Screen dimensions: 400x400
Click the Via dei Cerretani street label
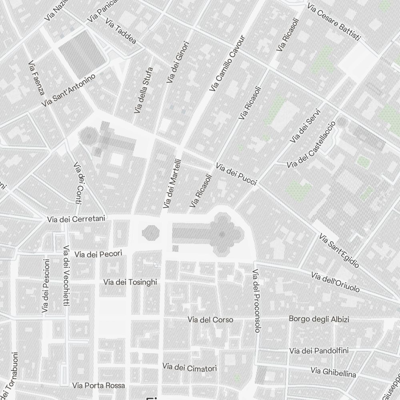[x=76, y=219]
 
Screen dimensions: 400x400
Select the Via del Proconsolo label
[x=256, y=300]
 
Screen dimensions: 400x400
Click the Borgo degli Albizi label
[x=319, y=319]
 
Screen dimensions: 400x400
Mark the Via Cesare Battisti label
[x=334, y=22]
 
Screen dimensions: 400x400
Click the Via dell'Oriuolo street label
[x=335, y=282]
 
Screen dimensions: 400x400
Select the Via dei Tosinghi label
[x=130, y=282]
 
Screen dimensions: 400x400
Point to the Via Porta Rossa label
[x=99, y=386]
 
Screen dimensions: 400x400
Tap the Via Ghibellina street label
[x=333, y=372]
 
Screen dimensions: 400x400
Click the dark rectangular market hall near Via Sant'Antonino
[x=82, y=54]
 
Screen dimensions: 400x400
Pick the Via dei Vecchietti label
[x=66, y=276]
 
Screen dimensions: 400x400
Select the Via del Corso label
[x=210, y=320]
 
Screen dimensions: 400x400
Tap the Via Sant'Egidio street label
[x=339, y=251]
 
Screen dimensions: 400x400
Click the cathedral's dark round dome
[x=221, y=234]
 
